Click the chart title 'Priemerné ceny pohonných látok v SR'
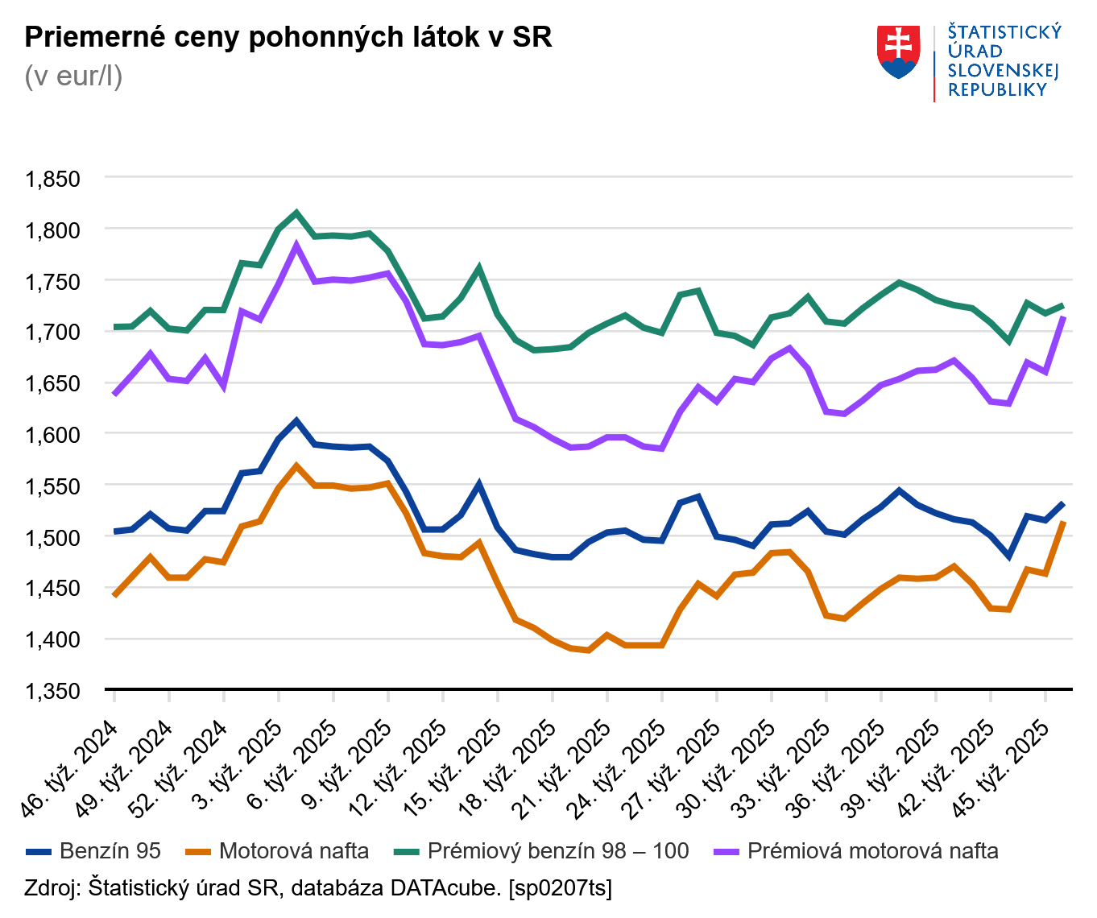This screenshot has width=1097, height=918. coord(288,37)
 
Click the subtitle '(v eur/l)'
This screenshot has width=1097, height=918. coord(73,76)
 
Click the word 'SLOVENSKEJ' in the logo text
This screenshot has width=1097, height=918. coord(1002,71)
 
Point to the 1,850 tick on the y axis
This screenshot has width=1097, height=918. coord(53,179)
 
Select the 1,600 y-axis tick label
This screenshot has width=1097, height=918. coord(53,435)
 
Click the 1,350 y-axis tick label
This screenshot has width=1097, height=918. coord(53,691)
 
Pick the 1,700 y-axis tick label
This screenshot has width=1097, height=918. coord(53,333)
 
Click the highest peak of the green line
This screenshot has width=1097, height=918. coord(296,213)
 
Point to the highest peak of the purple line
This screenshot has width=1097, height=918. coord(296,246)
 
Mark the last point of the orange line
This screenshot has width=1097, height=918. coord(1063,523)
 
